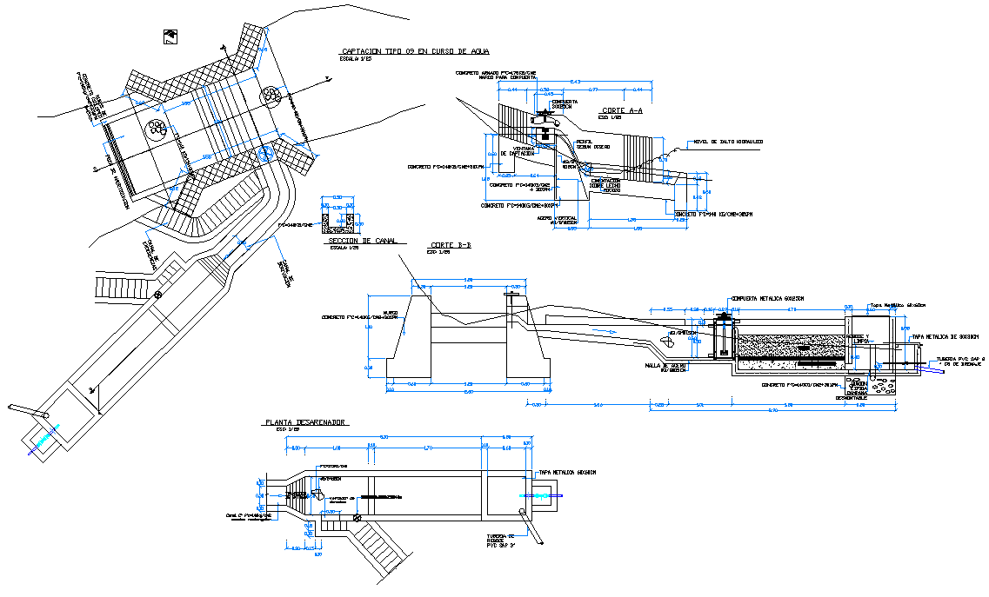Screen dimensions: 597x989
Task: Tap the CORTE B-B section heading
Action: tap(451, 246)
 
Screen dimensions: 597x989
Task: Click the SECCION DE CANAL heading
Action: tap(361, 241)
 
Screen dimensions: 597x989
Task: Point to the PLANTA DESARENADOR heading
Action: tap(305, 422)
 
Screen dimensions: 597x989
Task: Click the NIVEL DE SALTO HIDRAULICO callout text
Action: tap(728, 142)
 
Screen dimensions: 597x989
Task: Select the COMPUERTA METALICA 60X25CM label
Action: tap(768, 298)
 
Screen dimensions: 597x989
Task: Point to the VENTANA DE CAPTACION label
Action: tap(524, 151)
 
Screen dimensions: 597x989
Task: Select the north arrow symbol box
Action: tap(169, 35)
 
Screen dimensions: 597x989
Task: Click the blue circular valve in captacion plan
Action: tap(265, 154)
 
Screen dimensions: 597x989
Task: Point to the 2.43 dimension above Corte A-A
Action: tap(575, 82)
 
